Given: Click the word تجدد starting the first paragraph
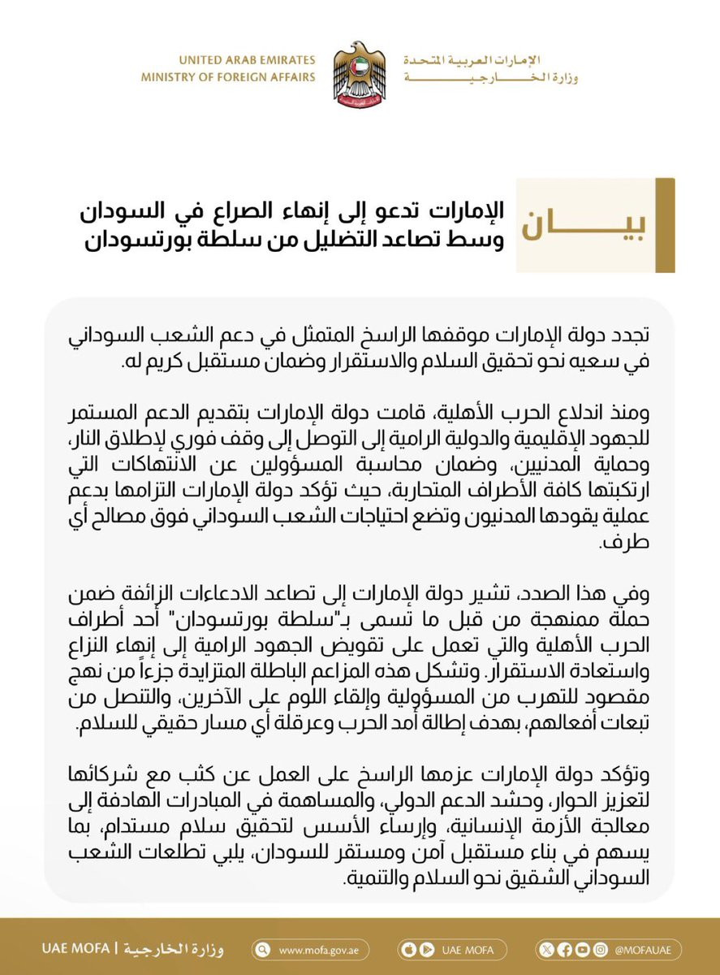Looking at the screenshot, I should [x=632, y=333].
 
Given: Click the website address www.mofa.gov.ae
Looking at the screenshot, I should [x=324, y=950].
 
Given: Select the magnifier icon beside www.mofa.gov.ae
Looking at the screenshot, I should [x=262, y=950].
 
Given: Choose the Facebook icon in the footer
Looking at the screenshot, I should [x=563, y=950].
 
